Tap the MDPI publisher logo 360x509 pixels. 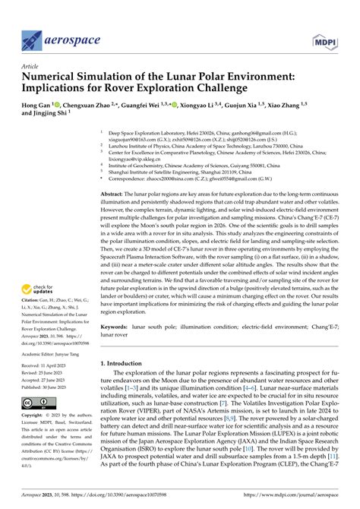(323, 38)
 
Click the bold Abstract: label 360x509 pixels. (114, 194)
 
